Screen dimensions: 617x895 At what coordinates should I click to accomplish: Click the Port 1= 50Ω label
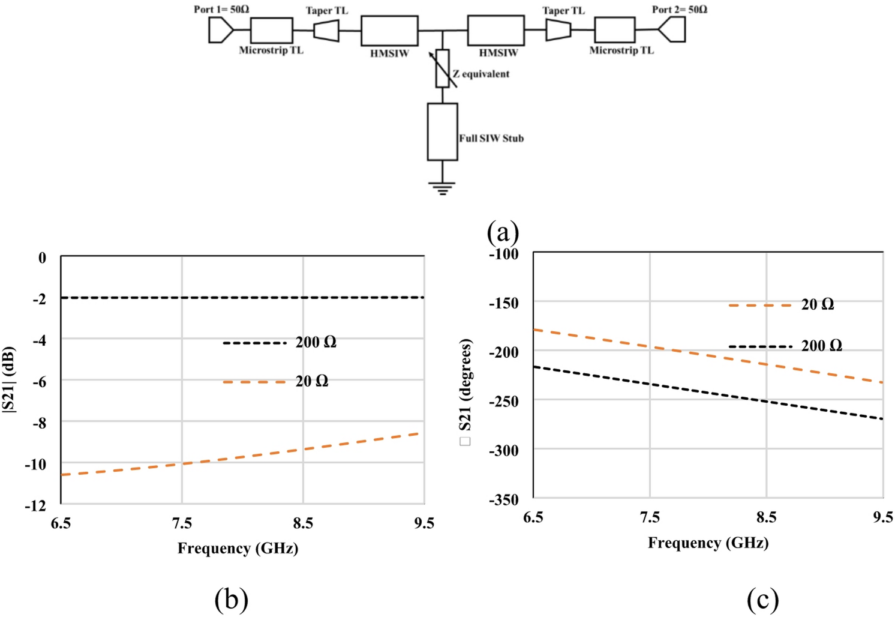[221, 9]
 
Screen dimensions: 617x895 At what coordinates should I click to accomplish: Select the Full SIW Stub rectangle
[442, 131]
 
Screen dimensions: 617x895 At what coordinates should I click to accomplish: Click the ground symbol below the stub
[442, 188]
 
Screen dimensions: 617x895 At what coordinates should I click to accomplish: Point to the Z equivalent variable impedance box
[442, 68]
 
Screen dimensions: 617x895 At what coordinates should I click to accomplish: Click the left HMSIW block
[389, 31]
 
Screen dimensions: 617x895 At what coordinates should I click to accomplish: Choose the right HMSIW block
[495, 31]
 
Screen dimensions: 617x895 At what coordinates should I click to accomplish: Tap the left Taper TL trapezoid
[326, 31]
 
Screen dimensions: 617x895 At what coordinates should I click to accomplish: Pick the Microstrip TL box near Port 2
[614, 30]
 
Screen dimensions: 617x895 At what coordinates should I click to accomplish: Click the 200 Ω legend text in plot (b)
[316, 342]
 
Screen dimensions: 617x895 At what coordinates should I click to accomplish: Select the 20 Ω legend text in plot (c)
[817, 304]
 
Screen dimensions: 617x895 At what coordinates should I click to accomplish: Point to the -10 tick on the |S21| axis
[35, 464]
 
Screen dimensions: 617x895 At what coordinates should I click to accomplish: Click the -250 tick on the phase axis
[504, 400]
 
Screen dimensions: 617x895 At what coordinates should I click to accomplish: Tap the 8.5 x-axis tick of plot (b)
[303, 523]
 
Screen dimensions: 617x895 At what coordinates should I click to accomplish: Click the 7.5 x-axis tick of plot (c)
[650, 517]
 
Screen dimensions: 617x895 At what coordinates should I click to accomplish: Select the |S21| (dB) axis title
[9, 380]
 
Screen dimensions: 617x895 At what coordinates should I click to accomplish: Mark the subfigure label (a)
[503, 232]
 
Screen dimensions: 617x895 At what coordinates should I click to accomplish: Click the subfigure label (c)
[762, 599]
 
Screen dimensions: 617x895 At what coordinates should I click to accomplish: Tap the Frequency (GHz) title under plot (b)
[238, 548]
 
